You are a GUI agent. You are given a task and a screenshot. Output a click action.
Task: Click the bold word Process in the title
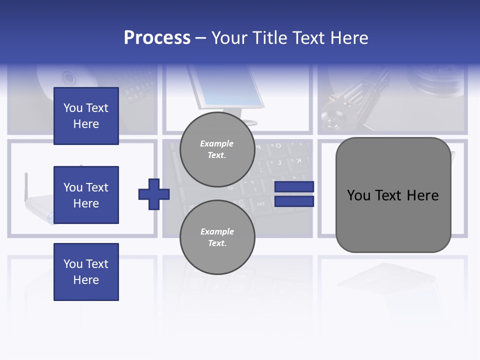(157, 38)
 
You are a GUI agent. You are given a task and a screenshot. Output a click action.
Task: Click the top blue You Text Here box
(86, 116)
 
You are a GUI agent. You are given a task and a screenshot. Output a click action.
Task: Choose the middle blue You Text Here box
(86, 195)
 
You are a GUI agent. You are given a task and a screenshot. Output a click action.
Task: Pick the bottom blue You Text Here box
(86, 272)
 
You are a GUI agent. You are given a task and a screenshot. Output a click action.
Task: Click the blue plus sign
(154, 194)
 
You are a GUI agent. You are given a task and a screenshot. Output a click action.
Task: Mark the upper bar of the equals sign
(294, 187)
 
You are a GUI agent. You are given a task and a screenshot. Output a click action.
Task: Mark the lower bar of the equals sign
(294, 201)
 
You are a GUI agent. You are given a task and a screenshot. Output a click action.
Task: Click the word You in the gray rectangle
(359, 195)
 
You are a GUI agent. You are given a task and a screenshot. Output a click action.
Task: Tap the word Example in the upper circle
(217, 144)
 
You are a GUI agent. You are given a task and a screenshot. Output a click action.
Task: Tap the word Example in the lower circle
(217, 231)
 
